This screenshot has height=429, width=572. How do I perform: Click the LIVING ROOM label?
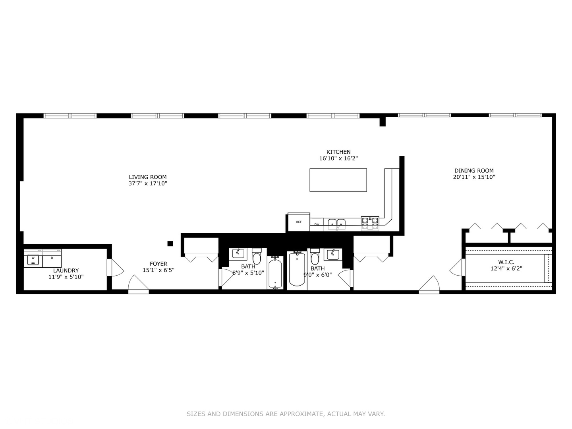[x=148, y=177]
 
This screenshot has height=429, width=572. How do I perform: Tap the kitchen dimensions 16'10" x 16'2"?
[x=338, y=158]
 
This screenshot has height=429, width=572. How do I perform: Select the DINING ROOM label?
[x=474, y=171]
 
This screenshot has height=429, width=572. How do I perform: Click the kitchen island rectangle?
[x=338, y=180]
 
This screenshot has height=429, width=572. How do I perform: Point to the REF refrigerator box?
[x=298, y=222]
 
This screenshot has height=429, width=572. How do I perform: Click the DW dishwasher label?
[x=317, y=224]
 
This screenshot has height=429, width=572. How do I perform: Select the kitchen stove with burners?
[x=370, y=223]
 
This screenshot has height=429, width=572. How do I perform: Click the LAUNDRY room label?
[x=66, y=271]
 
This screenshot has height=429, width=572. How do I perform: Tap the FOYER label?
[x=158, y=264]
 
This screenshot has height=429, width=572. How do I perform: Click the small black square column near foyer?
[x=170, y=243]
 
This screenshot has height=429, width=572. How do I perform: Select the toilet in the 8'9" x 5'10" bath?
[x=257, y=257]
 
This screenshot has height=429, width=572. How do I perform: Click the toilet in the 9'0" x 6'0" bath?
[x=315, y=257]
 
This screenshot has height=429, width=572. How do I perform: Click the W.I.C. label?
[x=506, y=262]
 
